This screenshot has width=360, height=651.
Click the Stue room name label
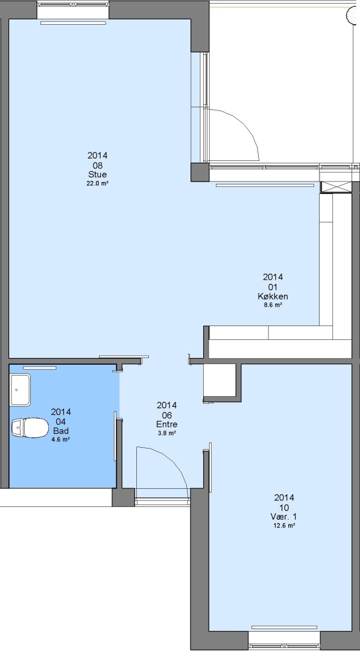98,174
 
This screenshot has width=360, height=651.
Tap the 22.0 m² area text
98,183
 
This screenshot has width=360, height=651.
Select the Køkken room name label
273,297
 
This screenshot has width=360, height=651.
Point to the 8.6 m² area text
273,305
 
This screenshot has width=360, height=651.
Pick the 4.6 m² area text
61,439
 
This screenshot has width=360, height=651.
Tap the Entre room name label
167,424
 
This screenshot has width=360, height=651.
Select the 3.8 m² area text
167,433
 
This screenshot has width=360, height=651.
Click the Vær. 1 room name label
284,517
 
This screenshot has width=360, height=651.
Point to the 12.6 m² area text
284,526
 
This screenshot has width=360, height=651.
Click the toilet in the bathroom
30,427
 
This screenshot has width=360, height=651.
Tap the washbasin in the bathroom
21,390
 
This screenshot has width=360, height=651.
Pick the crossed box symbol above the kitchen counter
336,187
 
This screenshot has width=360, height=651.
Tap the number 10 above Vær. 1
284,508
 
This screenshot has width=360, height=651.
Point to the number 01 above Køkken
273,287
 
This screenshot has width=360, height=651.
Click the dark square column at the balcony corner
200,172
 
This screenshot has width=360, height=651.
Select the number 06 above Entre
167,415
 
